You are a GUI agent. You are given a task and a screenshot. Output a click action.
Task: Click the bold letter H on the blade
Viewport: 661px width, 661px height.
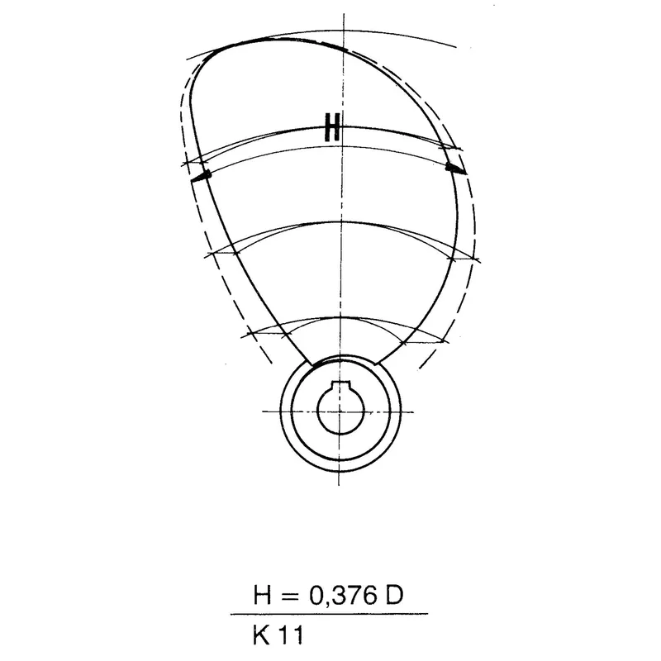tap(332, 129)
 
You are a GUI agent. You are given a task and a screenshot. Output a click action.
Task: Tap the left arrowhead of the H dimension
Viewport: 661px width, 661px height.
tap(201, 176)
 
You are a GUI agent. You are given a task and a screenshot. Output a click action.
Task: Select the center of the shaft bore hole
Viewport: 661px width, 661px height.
tap(340, 409)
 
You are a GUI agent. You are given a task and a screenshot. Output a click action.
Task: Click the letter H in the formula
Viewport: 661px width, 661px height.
tap(261, 596)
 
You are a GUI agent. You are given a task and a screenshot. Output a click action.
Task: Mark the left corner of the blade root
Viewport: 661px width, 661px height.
tap(312, 364)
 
